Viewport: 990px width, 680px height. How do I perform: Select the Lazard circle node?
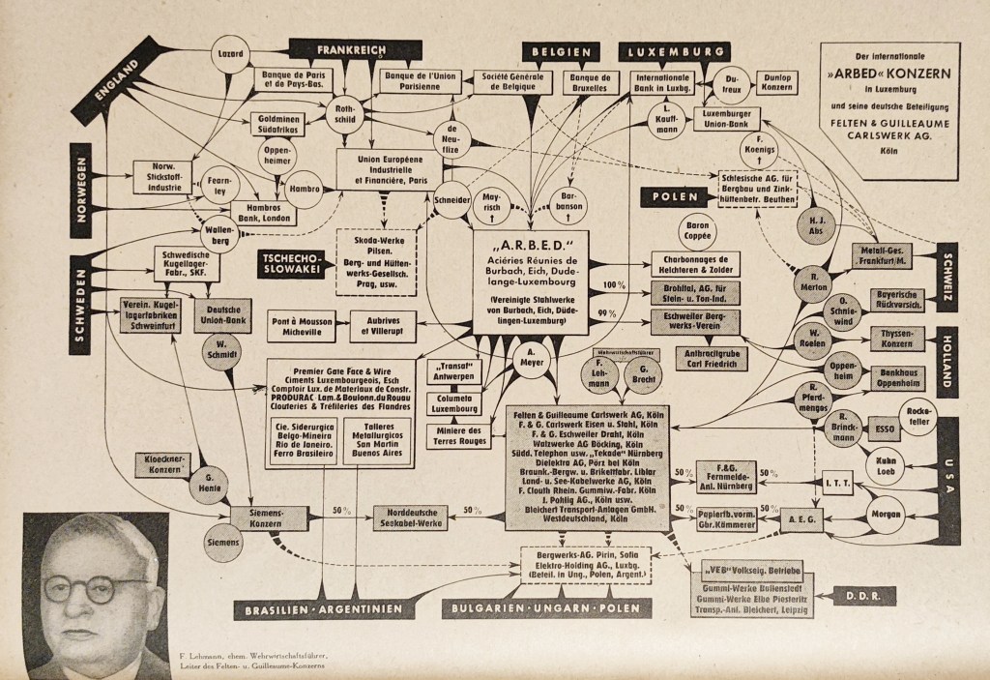pos(231,52)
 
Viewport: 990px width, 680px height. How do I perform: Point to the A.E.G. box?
pos(800,519)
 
